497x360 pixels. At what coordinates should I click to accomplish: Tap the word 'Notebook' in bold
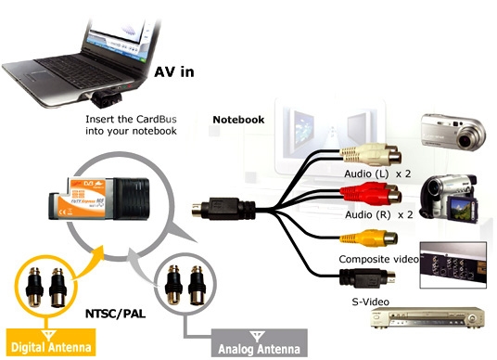point(238,120)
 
